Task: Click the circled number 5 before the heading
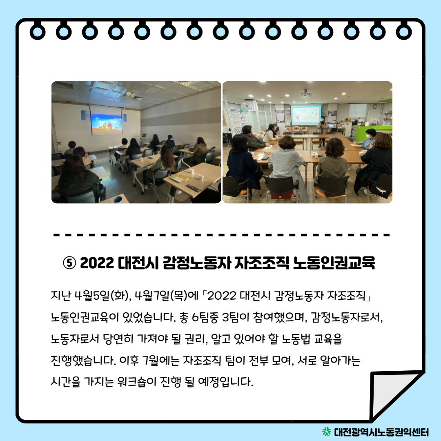click(x=69, y=263)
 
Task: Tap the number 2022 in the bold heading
click(x=97, y=263)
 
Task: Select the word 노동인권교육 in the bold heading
click(x=334, y=263)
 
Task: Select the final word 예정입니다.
click(x=226, y=382)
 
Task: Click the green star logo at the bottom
click(x=327, y=431)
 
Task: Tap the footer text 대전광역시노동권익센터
click(x=381, y=432)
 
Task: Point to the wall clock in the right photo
click(x=375, y=106)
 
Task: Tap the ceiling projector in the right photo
click(x=305, y=94)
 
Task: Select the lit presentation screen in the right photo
click(x=306, y=115)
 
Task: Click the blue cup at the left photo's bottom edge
click(x=118, y=199)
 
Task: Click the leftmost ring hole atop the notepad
click(x=38, y=31)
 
